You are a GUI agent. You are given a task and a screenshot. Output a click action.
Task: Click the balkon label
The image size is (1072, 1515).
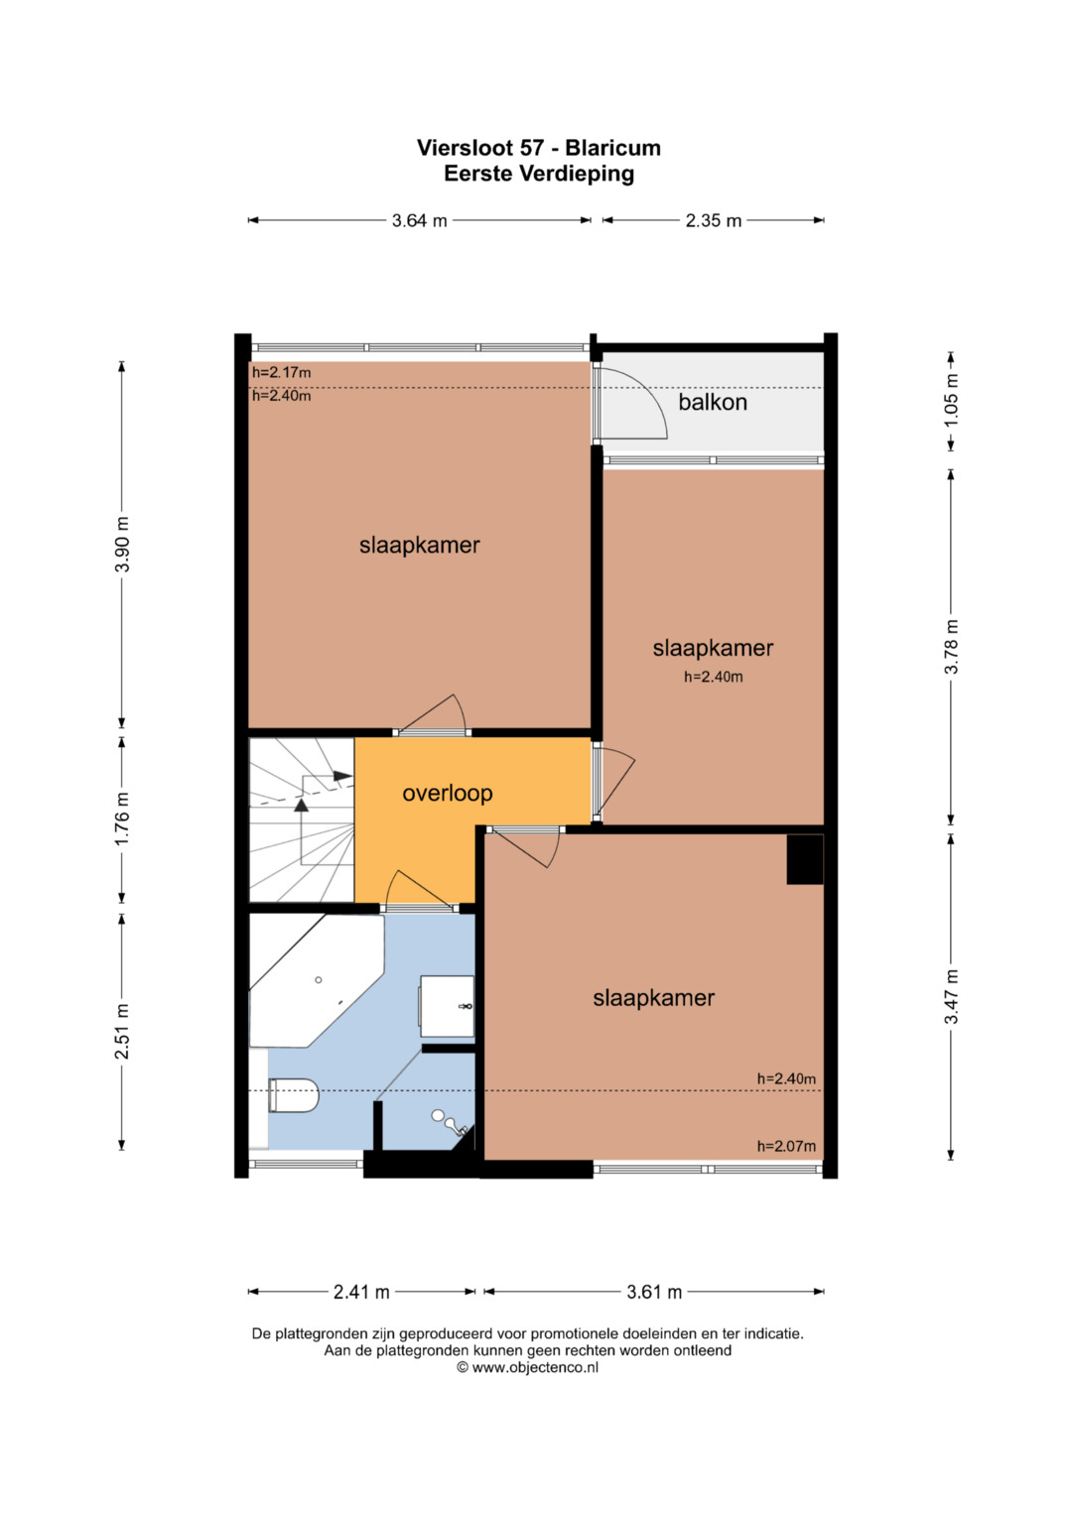[x=713, y=403]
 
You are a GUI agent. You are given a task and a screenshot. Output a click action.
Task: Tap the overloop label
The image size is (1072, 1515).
[x=448, y=793]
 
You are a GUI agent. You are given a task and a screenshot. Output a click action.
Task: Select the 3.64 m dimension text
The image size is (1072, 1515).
[x=420, y=220]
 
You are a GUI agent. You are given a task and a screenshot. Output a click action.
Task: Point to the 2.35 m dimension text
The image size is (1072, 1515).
[x=714, y=220]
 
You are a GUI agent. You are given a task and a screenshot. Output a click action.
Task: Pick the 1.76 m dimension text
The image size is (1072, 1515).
[x=122, y=819]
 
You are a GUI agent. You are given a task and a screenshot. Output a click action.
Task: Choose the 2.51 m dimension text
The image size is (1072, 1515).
[x=122, y=1032]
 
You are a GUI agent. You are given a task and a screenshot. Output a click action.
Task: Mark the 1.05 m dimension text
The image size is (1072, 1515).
[x=951, y=400]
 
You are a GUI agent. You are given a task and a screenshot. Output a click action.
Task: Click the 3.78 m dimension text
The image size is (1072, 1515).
[x=951, y=647]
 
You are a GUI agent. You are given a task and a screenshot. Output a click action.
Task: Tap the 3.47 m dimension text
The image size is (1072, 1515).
[x=951, y=997]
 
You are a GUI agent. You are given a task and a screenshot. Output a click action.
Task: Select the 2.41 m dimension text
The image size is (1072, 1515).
[x=361, y=1293]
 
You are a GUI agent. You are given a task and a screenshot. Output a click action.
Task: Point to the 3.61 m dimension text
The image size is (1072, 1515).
[x=654, y=1293]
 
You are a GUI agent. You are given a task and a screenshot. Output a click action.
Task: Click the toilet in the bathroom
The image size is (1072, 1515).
[x=293, y=1095]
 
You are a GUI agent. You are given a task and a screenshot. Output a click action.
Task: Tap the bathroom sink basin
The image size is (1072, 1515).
[x=447, y=1006]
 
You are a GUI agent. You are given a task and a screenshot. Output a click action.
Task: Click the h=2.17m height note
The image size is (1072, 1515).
[x=282, y=373]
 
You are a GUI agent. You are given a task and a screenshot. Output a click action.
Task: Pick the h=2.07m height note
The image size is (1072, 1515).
[x=786, y=1146]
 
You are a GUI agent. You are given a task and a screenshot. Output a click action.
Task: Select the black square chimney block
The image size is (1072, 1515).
[x=805, y=859]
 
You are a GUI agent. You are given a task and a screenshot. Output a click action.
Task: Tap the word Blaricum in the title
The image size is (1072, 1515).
[x=613, y=148]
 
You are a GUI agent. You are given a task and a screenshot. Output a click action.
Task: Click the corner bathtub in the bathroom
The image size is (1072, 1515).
[x=316, y=980]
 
